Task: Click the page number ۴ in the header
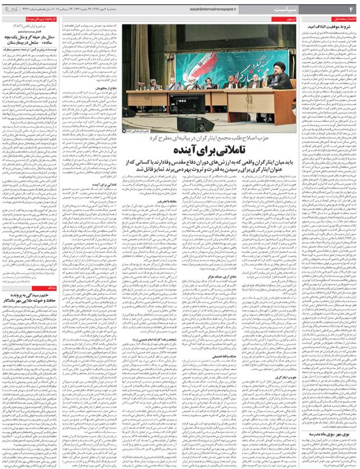[x=353, y=8]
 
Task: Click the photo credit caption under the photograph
[x=135, y=131]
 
